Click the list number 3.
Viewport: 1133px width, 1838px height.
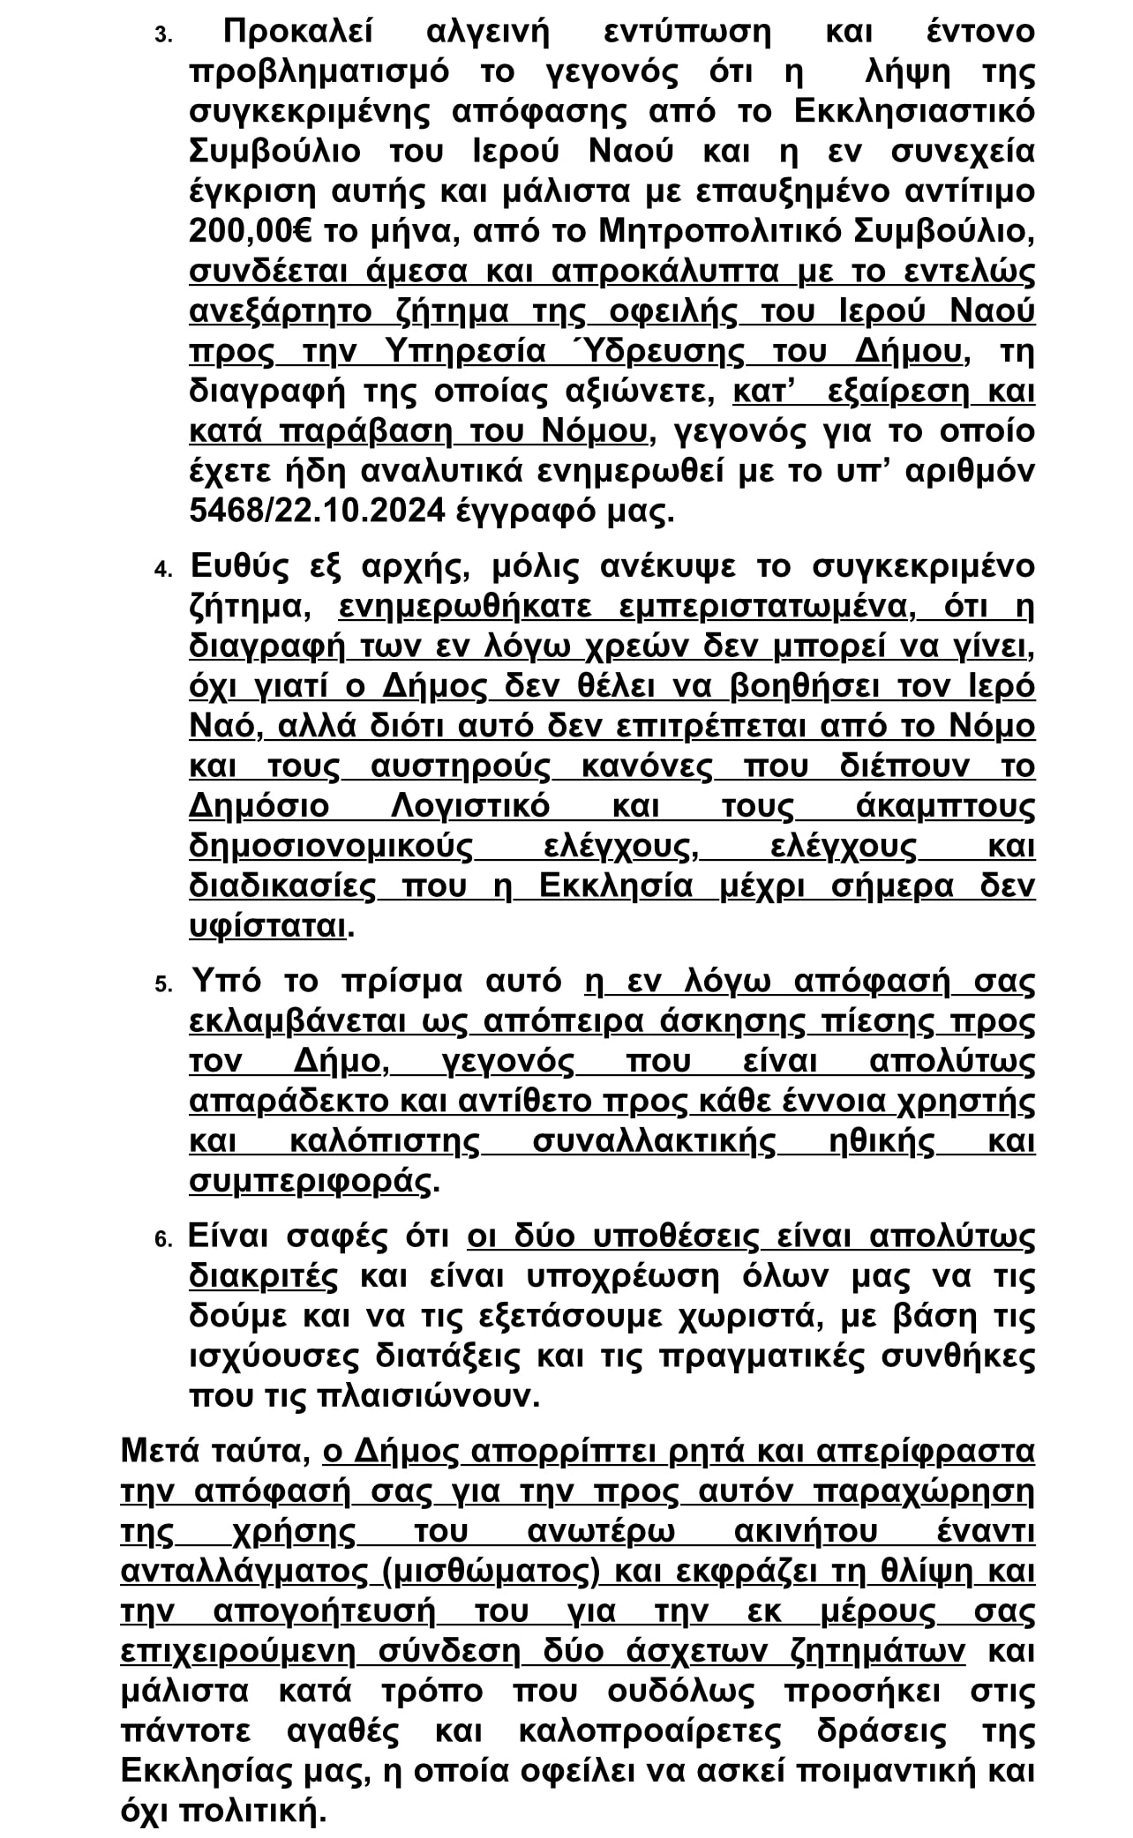pyautogui.click(x=163, y=36)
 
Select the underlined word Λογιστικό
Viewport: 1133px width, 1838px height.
pyautogui.click(x=469, y=806)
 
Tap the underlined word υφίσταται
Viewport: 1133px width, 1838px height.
pyautogui.click(x=267, y=926)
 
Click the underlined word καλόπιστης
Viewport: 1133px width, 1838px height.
pyautogui.click(x=384, y=1141)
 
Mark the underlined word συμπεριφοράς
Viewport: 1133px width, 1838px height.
pyautogui.click(x=310, y=1182)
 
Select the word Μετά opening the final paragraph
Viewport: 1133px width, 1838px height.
pyautogui.click(x=161, y=1451)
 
